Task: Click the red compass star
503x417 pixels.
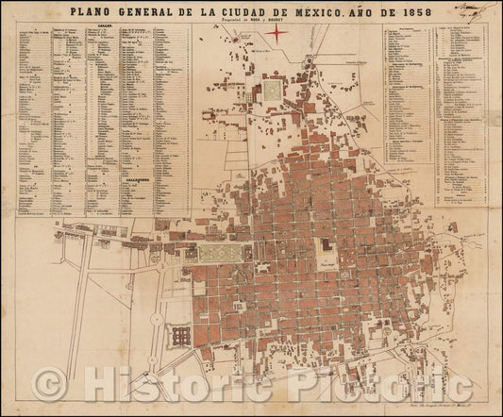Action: click(x=274, y=32)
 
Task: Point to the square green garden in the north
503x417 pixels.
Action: click(x=272, y=90)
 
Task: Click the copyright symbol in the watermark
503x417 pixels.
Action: click(x=47, y=383)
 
